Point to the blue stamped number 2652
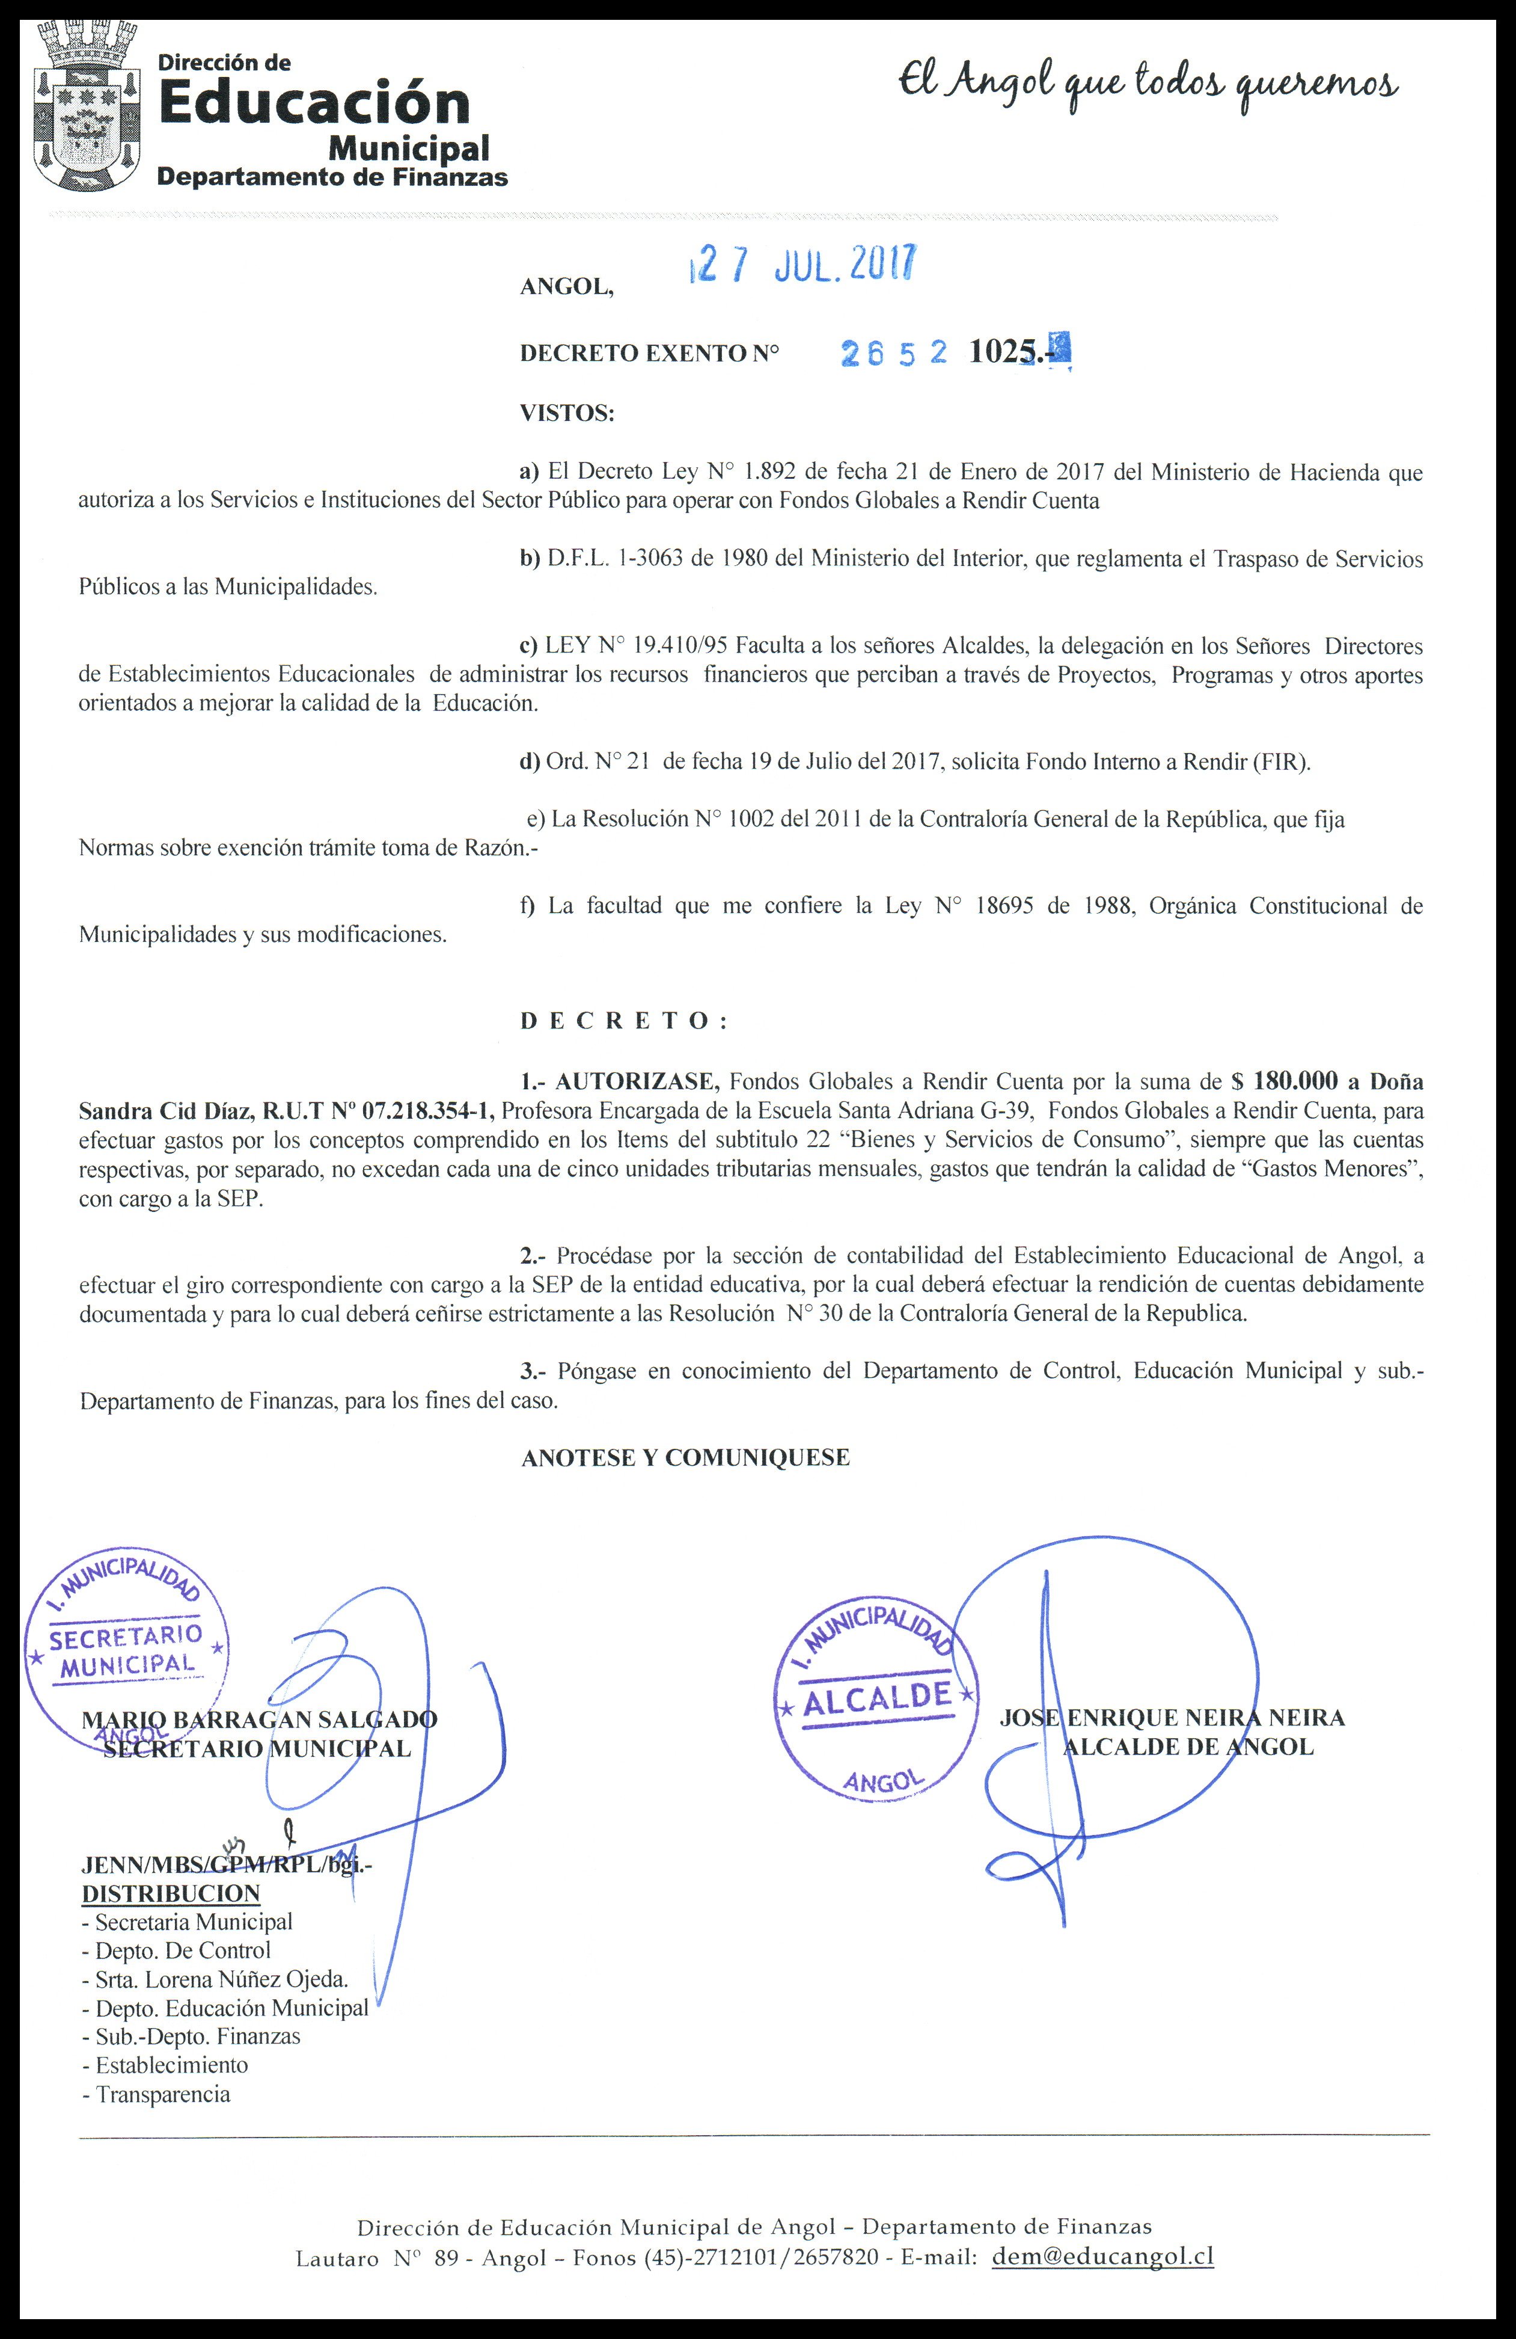pos(894,354)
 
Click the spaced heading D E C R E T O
pos(623,1021)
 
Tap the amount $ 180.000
pos(1284,1081)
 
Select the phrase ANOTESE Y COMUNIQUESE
pos(685,1457)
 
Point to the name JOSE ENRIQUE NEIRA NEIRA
pos(1172,1717)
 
